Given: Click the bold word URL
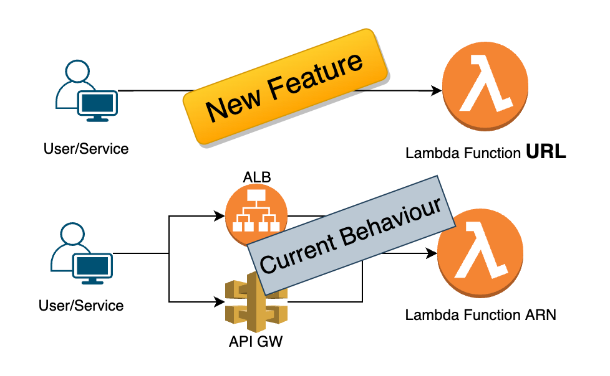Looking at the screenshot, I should pos(546,152).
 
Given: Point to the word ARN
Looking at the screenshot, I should pos(538,315).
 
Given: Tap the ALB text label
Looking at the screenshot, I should pos(256,178).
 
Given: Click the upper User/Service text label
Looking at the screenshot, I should pos(86,149).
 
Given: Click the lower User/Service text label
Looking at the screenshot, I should pos(81,306).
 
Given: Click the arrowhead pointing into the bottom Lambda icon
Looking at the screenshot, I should pos(431,254).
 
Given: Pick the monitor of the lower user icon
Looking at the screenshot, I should pos(94,267).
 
